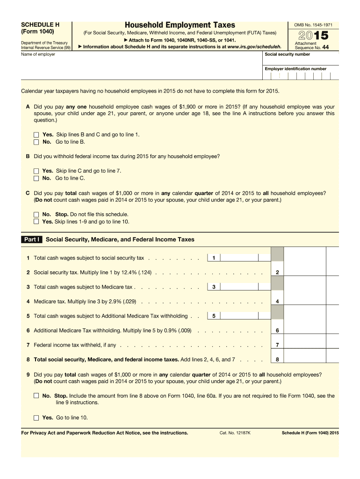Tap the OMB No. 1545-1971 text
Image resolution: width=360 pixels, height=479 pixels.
(313, 24)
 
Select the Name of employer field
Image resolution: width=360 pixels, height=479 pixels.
(140, 65)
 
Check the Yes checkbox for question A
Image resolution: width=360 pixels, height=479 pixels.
(36, 135)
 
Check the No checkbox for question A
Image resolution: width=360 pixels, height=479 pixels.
(36, 142)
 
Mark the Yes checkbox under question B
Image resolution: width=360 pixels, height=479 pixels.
(36, 171)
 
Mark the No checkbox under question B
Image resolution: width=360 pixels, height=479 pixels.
(36, 178)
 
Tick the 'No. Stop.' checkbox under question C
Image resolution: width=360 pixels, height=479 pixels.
(36, 215)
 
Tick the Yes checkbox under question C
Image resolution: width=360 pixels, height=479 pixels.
(36, 222)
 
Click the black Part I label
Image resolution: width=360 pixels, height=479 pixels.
(32, 239)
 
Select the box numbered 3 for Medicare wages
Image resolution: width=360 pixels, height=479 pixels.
(213, 287)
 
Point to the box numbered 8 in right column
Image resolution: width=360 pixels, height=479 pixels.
(277, 359)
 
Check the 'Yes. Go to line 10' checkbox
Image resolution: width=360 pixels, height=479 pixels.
(36, 418)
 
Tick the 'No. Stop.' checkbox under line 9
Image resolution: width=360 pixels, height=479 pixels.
(36, 396)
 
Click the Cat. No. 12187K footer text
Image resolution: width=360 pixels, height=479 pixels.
(235, 433)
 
